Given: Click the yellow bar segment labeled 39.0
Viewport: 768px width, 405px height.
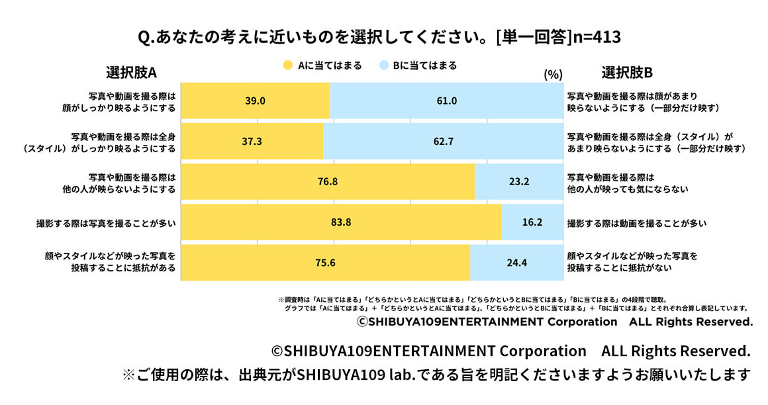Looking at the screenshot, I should (x=255, y=101).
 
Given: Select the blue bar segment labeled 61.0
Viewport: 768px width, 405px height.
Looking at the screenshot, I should (x=446, y=101).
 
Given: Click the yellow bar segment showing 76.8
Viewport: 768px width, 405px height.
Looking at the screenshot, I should (x=328, y=182).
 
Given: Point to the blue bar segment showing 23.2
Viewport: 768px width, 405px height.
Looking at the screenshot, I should (x=518, y=182).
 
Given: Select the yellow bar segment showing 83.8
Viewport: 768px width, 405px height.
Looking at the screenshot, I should (x=341, y=222).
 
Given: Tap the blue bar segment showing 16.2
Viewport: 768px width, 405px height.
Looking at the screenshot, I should (x=532, y=222).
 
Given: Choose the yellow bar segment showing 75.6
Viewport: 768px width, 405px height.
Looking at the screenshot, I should (x=325, y=263).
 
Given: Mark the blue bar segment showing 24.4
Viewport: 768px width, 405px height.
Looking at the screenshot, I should (x=516, y=263).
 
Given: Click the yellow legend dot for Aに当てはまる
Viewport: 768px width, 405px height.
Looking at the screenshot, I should (x=287, y=66).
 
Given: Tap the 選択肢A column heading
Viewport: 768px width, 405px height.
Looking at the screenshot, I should (x=131, y=72).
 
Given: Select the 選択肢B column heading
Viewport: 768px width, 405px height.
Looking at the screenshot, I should (x=627, y=72).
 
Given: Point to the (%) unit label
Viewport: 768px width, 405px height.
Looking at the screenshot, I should (x=552, y=75).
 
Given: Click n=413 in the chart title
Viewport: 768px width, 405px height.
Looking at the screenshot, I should (x=598, y=37).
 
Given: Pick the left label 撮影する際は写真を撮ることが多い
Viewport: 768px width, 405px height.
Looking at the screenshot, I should (x=106, y=223).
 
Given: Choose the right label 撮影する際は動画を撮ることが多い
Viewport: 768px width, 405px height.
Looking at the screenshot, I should (x=636, y=223).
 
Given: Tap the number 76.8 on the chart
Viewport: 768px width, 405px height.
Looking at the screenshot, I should (x=328, y=182).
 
